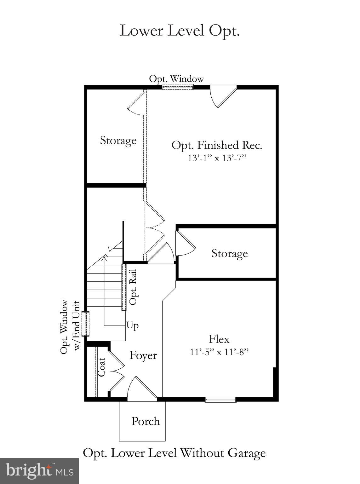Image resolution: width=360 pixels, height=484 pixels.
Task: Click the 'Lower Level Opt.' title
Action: [180, 31]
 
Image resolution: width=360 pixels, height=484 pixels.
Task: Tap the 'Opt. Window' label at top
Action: [176, 79]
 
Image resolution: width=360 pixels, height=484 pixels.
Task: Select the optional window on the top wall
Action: [177, 87]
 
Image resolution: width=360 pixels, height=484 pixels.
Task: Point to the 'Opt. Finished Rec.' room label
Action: [217, 145]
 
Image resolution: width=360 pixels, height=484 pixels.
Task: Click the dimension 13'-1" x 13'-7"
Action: [217, 158]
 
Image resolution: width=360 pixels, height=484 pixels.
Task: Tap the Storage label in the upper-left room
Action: [118, 140]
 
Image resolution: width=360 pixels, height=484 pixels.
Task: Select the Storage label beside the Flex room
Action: [229, 253]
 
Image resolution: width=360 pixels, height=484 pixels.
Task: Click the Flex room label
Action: [219, 339]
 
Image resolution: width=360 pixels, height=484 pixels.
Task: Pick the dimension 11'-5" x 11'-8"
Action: [219, 352]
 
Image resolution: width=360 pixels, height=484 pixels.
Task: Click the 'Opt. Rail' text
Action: [133, 287]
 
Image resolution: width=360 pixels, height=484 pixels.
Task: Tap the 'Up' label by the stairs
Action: [132, 325]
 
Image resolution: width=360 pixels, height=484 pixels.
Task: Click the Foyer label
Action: [143, 355]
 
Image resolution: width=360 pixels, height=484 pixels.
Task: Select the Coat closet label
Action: [101, 367]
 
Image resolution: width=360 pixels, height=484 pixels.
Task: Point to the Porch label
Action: [146, 421]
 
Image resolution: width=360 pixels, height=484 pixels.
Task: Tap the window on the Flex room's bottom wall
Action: [220, 400]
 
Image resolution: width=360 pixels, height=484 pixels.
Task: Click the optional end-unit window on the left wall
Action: [85, 324]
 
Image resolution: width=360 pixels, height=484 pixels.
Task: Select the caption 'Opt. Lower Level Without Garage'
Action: [174, 453]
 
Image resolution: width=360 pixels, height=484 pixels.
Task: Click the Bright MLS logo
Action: [39, 471]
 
